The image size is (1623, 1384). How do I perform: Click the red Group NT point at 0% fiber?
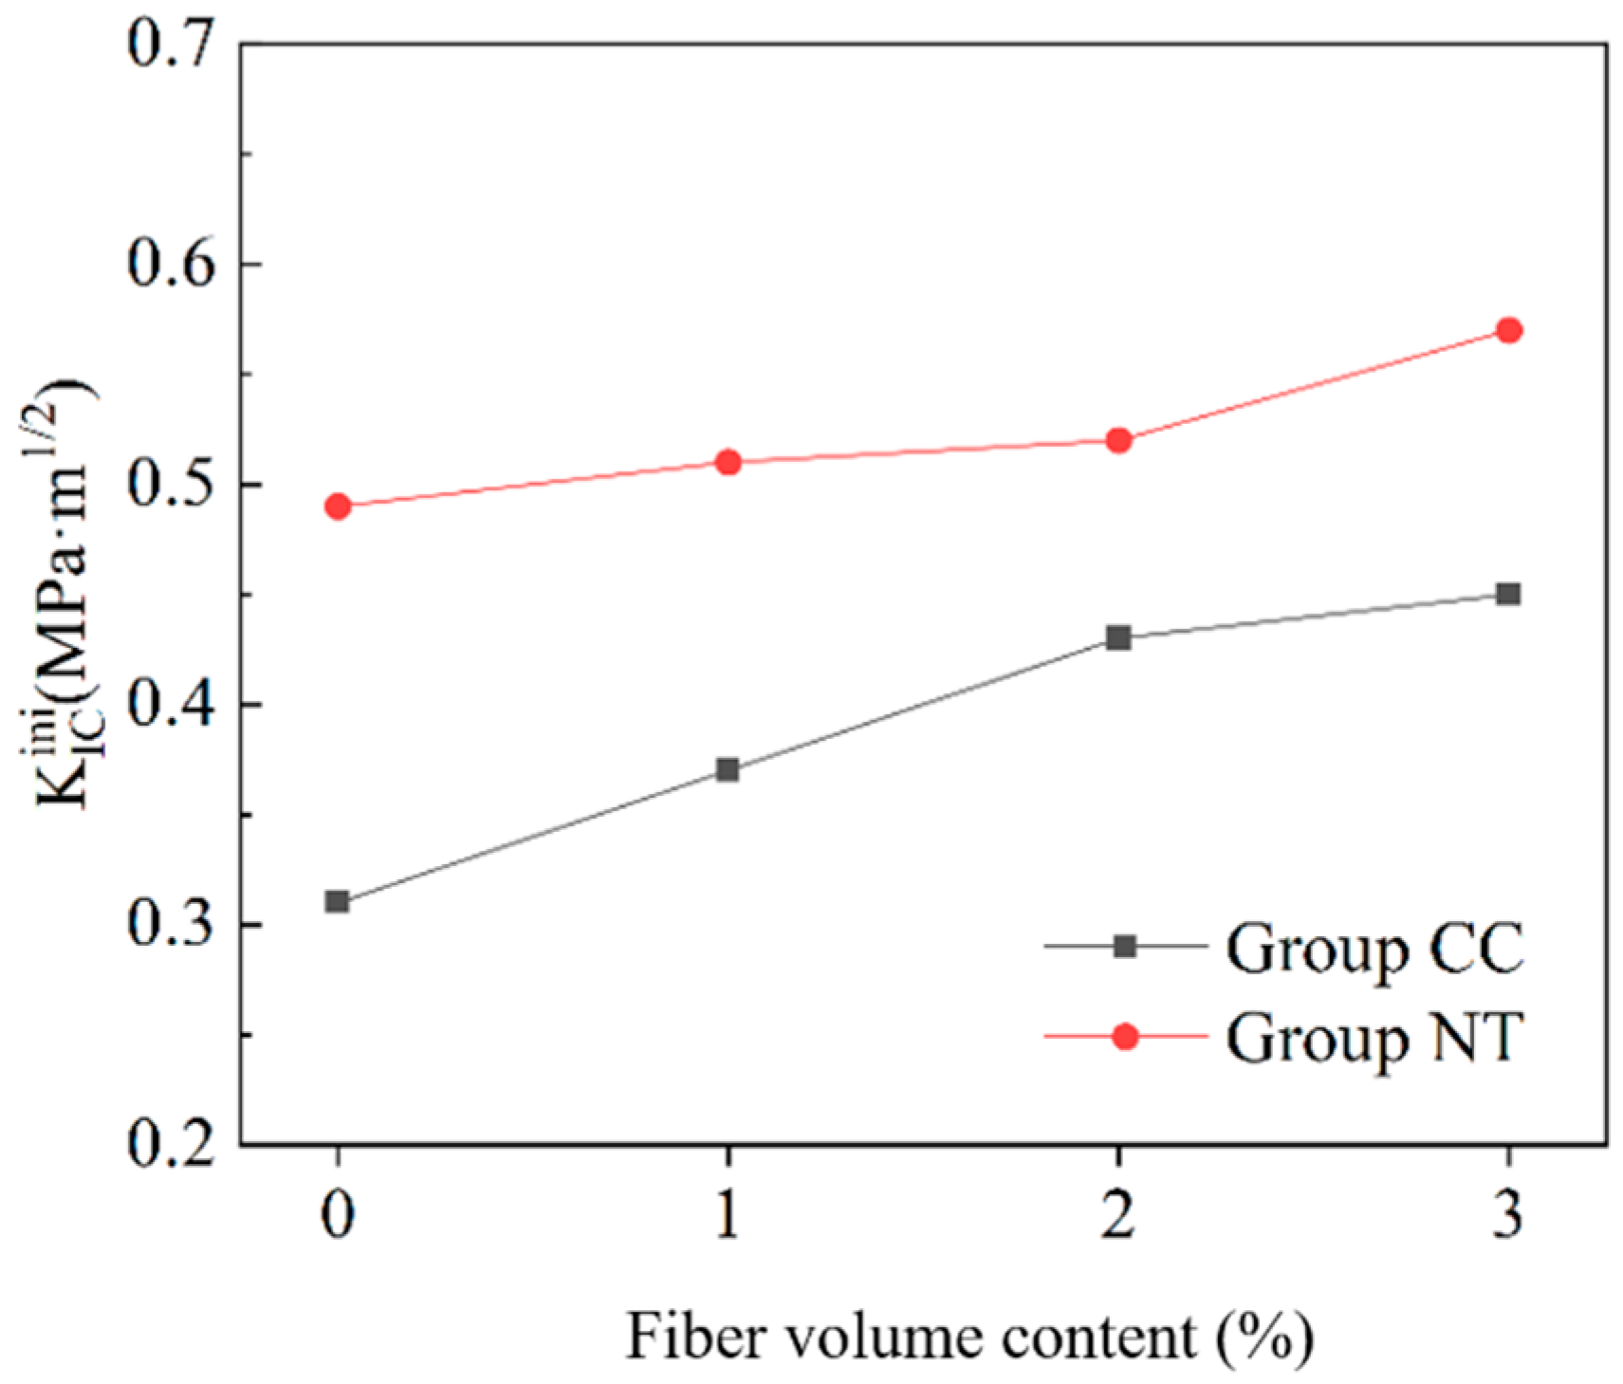[x=338, y=507]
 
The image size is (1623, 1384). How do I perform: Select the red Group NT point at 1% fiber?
[x=728, y=463]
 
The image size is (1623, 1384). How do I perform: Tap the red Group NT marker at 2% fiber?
[x=1118, y=440]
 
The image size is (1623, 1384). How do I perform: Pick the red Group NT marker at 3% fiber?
[x=1508, y=330]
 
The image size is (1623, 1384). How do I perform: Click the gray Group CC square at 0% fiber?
[x=338, y=901]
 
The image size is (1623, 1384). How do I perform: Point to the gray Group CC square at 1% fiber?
[x=728, y=769]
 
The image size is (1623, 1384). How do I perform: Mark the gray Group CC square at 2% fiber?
[x=1118, y=637]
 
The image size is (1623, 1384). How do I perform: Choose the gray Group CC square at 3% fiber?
[x=1508, y=594]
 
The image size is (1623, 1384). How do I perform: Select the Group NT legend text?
[x=1374, y=1039]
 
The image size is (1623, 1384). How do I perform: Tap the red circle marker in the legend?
[x=1125, y=1037]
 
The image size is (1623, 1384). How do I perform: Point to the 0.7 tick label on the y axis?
[x=171, y=44]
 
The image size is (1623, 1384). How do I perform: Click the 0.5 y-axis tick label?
[x=171, y=484]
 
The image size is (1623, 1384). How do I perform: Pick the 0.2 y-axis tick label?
[x=171, y=1144]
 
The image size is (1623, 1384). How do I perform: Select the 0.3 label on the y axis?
[x=171, y=924]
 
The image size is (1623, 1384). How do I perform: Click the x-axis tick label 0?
[x=338, y=1213]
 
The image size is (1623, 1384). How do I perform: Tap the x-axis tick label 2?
[x=1118, y=1213]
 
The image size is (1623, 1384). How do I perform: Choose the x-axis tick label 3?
[x=1508, y=1213]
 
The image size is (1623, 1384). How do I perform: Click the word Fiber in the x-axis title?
[x=695, y=1338]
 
